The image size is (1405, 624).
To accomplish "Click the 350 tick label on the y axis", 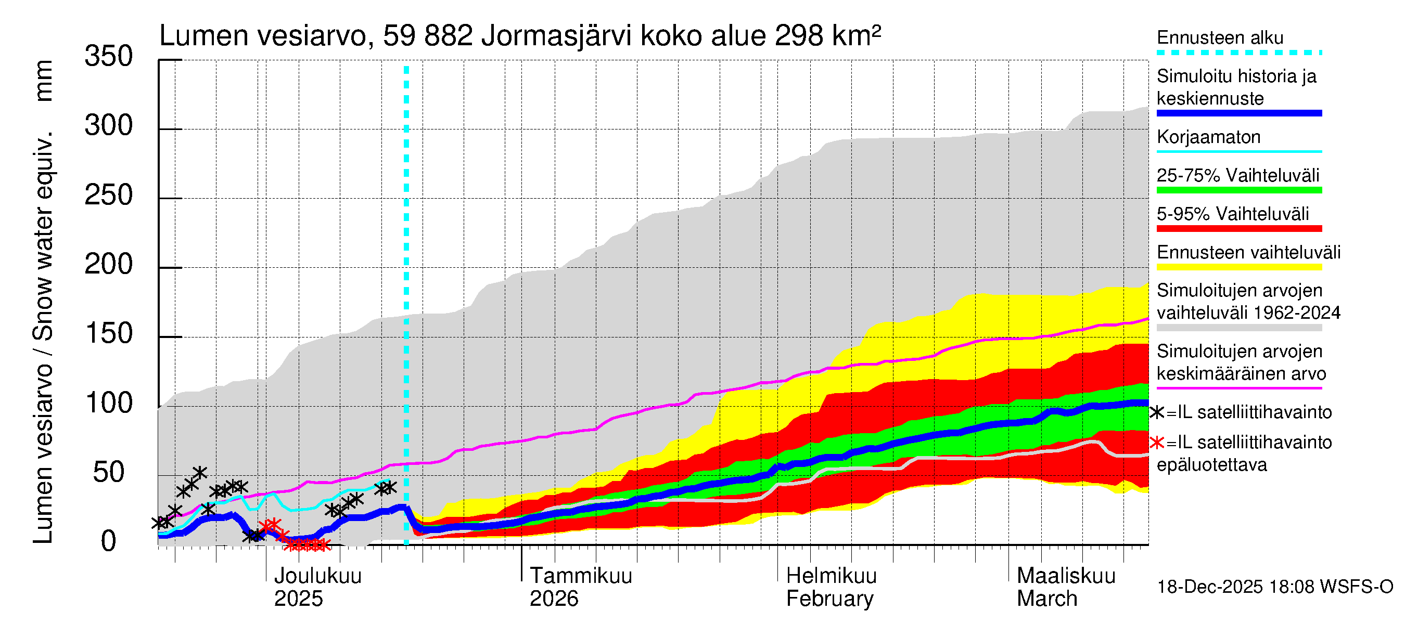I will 109,57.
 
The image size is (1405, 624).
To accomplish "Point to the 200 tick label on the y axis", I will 109,265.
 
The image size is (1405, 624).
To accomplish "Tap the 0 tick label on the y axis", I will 109,542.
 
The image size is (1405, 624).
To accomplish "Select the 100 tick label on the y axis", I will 109,404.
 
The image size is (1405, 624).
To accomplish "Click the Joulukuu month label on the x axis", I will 317,576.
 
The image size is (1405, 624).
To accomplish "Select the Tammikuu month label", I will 581,576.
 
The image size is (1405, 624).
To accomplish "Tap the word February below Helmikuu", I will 829,599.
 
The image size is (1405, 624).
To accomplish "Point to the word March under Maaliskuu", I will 1046,599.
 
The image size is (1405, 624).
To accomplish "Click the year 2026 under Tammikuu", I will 554,599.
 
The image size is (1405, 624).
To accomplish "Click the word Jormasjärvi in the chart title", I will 556,36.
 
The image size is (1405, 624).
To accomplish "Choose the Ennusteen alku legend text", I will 1220,37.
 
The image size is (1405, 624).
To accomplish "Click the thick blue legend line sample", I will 1238,113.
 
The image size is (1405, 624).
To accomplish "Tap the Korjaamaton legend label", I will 1209,137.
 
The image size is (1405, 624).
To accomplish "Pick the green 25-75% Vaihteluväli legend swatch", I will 1238,190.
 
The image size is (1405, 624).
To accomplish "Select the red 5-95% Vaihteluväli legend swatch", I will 1238,228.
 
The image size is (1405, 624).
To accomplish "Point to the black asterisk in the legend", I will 1157,412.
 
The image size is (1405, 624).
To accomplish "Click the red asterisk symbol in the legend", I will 1157,443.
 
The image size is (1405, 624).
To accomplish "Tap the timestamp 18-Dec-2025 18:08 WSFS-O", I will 1274,587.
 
